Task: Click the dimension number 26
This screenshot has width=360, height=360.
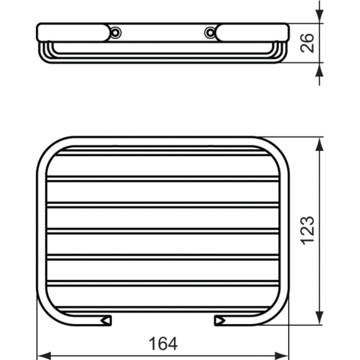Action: [307, 43]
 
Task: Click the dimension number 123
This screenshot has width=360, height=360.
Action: [307, 230]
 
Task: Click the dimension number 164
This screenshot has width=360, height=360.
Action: [163, 343]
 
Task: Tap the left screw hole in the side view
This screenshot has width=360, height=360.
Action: [115, 32]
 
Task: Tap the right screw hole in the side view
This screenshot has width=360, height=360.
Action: [210, 32]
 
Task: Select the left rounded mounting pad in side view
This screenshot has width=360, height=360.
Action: [73, 32]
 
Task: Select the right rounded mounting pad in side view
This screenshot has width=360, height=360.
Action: [252, 32]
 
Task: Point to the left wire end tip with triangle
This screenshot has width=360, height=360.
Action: [106, 320]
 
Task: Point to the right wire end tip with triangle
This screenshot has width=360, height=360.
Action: [220, 320]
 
